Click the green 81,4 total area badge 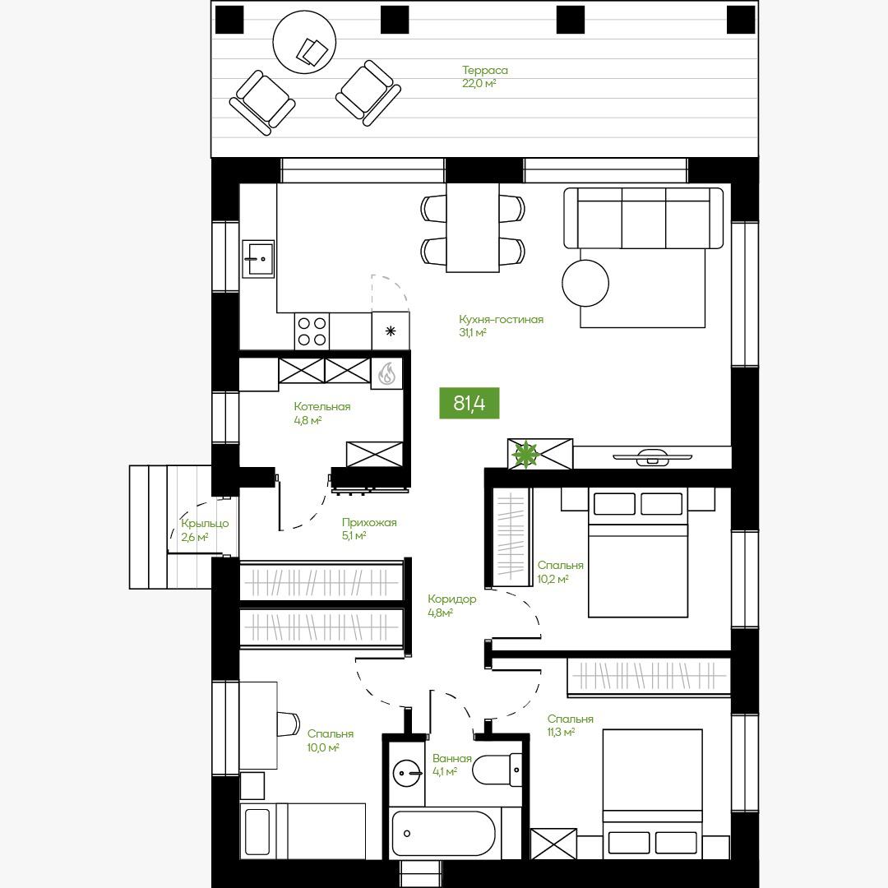469,403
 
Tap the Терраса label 485,70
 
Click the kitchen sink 258,259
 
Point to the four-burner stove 312,331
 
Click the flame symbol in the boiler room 386,373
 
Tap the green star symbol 525,454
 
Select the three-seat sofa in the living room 643,218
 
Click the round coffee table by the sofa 585,283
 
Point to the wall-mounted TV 652,456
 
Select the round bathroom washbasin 407,772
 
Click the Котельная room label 322,407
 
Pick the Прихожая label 369,523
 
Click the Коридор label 452,599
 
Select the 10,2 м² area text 553,580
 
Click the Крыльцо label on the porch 205,523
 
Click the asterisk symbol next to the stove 391,331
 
